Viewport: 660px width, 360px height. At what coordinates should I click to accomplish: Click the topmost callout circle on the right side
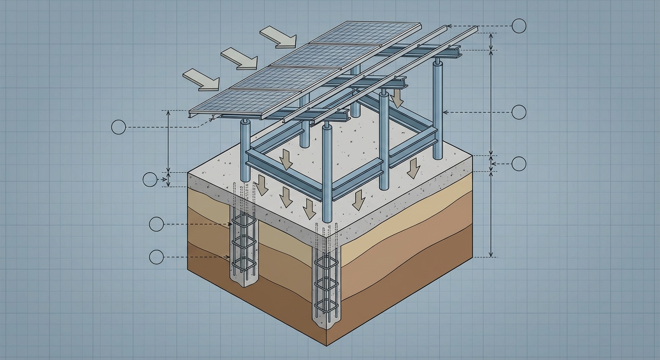click(x=518, y=26)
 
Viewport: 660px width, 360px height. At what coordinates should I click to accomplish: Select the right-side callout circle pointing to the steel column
click(x=518, y=112)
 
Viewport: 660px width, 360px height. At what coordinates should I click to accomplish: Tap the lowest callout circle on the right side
click(x=518, y=164)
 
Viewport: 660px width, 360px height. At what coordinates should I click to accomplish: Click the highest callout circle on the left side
click(x=119, y=127)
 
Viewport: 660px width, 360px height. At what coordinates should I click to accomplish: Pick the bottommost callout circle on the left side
click(x=156, y=256)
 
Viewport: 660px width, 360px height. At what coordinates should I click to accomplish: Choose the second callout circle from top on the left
click(x=150, y=180)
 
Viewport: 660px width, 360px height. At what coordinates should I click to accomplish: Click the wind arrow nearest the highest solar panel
click(x=278, y=37)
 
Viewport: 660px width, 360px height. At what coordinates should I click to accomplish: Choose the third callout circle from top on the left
click(x=156, y=225)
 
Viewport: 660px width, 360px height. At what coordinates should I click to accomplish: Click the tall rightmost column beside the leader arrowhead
click(x=438, y=112)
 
